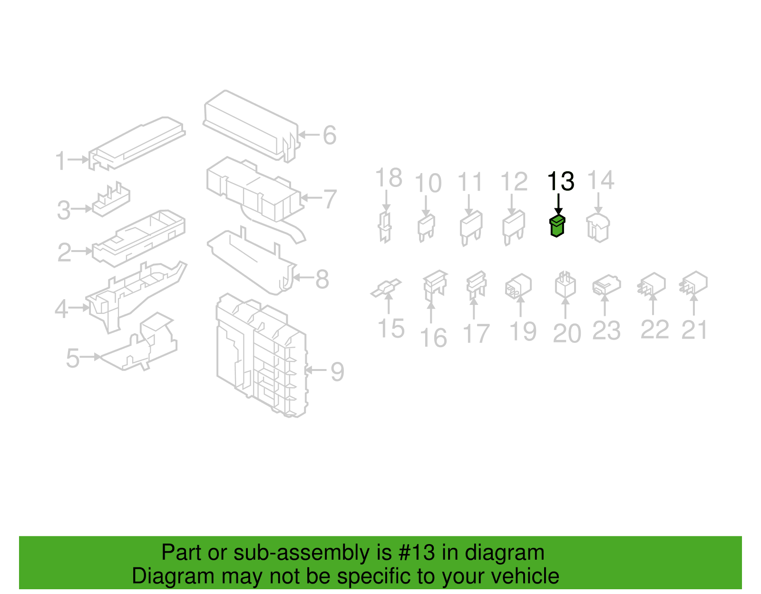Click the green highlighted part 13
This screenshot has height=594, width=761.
(557, 226)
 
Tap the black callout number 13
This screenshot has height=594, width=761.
(561, 181)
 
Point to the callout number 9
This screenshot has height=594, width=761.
(337, 371)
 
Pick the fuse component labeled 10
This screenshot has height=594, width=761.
(426, 227)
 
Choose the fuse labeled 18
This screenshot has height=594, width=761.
(385, 227)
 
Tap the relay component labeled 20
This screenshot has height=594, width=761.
(565, 286)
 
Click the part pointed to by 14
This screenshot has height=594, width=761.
(598, 228)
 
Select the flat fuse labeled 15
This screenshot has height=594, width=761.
(386, 288)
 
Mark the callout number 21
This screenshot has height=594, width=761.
(694, 330)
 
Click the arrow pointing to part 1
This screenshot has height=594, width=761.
(78, 160)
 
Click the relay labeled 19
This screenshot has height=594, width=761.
(518, 286)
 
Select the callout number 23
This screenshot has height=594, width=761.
(606, 331)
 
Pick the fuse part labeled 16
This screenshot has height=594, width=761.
(435, 285)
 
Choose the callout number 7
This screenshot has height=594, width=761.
(330, 199)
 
